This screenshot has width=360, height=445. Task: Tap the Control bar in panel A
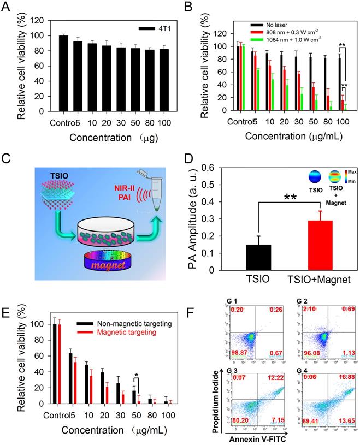[63, 73]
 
